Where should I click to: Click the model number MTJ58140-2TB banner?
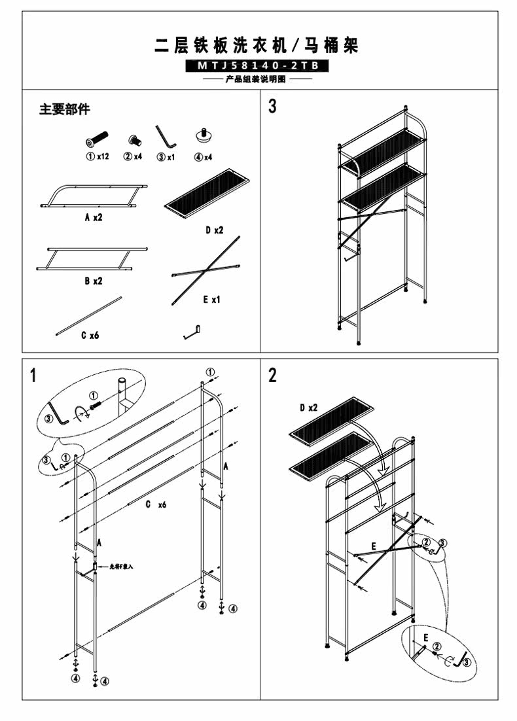point(257,66)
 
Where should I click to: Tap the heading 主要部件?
point(64,109)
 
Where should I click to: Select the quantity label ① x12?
point(97,157)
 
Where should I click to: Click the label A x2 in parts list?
point(94,217)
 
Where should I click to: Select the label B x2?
point(94,281)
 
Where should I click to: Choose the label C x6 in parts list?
point(90,336)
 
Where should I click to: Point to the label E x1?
point(211,299)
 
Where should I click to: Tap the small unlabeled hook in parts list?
point(190,332)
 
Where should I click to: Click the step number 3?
point(272,107)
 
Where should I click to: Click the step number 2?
point(272,376)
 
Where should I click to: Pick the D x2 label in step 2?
point(308,408)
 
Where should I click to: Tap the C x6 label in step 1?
point(156,504)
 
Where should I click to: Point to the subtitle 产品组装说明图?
point(257,80)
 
